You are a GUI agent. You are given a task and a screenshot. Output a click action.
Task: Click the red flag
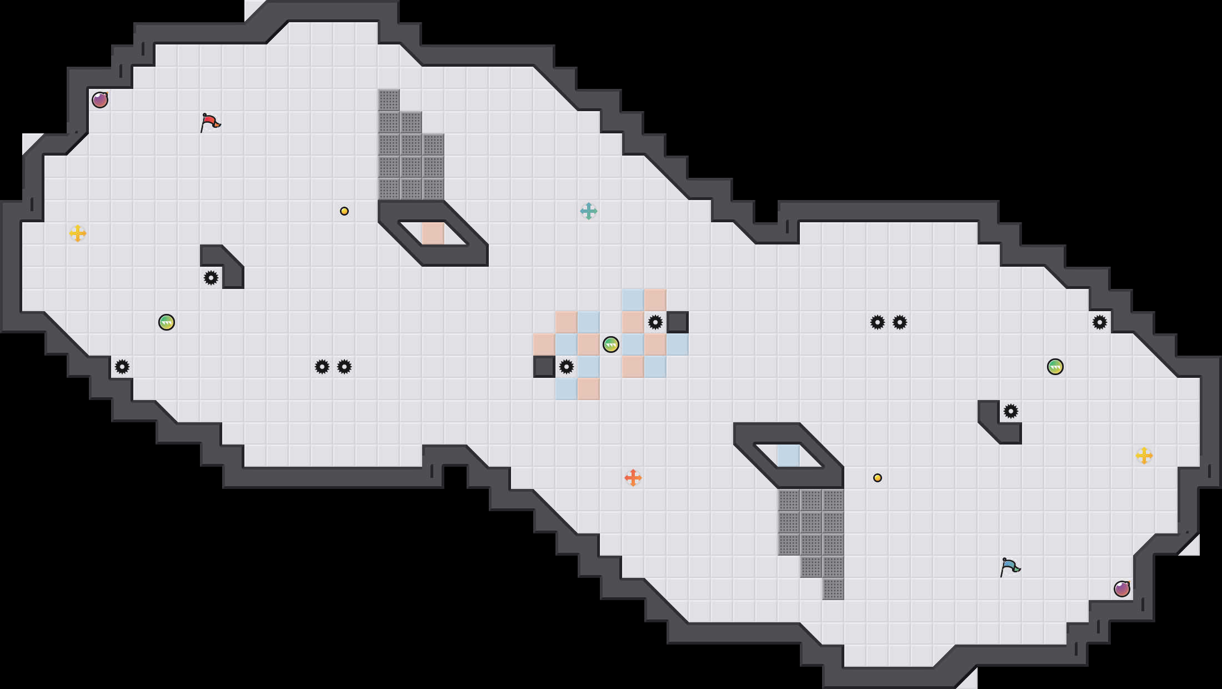click(210, 122)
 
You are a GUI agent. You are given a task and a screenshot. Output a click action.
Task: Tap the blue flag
click(1010, 567)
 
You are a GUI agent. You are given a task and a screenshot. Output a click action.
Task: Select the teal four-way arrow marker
click(589, 211)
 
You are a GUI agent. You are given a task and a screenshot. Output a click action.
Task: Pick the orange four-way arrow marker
click(633, 478)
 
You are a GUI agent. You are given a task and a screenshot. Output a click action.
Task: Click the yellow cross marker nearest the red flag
click(78, 233)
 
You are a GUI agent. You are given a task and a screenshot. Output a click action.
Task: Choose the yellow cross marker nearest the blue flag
click(1144, 456)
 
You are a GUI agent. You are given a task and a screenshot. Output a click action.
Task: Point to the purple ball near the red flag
click(100, 100)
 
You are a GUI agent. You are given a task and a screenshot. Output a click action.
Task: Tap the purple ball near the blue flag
click(1122, 589)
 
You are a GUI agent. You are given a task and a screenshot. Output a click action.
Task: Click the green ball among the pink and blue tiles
click(611, 344)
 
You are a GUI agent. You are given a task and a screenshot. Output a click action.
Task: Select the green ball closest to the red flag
click(167, 322)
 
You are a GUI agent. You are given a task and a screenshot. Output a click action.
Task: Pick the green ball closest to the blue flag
click(1055, 367)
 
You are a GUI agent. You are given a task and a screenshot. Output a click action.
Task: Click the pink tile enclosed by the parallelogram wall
click(433, 233)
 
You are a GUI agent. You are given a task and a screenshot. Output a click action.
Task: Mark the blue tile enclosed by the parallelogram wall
click(789, 456)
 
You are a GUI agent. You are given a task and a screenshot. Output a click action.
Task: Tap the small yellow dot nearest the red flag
click(344, 211)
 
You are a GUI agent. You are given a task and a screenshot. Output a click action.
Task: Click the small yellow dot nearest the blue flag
click(878, 478)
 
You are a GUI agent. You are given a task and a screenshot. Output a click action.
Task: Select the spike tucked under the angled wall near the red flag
click(211, 278)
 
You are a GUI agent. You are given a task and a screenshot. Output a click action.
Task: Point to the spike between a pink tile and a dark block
click(655, 322)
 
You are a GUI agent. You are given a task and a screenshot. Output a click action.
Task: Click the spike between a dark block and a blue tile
click(567, 367)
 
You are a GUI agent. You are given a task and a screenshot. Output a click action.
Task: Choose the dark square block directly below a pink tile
click(544, 367)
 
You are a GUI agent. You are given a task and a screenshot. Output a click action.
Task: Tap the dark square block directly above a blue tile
click(678, 322)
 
